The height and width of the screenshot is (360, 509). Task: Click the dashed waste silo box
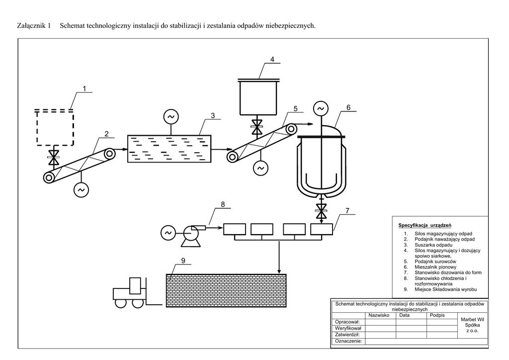pos(55,127)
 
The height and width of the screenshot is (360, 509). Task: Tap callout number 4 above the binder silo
pos(272,59)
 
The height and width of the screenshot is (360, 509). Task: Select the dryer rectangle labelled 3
pos(169,149)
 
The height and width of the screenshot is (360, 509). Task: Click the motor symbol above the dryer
pos(171,117)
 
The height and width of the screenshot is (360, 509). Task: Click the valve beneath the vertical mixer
pos(321,211)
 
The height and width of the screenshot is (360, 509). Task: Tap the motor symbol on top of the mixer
pos(321,108)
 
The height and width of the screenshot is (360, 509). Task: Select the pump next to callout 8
pos(191,236)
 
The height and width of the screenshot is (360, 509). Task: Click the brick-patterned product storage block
pos(226,290)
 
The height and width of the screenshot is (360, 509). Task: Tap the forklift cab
pos(135,285)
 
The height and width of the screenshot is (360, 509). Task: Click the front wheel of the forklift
pos(138,303)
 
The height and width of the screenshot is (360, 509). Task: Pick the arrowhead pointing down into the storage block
pos(279,271)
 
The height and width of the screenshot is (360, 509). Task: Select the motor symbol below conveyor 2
pos(81,190)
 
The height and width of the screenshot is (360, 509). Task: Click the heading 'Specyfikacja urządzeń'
pos(424,225)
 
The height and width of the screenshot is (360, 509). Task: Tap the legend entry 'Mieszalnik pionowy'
pos(435,267)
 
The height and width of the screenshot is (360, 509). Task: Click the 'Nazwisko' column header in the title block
pos(379,315)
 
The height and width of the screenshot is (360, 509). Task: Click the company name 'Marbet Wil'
pos(472,319)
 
